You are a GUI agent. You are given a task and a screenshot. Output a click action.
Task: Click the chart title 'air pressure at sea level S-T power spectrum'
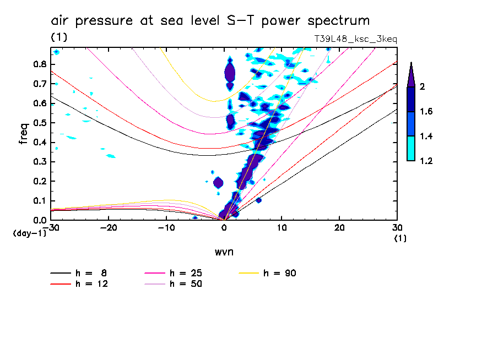point(210,21)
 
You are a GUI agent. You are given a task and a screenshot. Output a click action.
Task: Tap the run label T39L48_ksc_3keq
point(355,39)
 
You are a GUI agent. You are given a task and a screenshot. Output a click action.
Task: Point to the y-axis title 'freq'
point(23,133)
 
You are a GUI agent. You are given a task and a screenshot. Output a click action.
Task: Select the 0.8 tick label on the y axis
point(39,64)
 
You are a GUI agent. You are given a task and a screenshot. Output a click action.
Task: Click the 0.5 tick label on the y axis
point(39,123)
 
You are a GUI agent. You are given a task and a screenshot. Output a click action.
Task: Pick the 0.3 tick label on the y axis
point(39,162)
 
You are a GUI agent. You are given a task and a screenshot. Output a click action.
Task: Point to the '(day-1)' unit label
point(29,233)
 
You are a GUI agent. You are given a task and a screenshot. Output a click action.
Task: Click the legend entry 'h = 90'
point(280,273)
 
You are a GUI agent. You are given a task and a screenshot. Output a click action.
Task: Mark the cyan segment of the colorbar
point(411,149)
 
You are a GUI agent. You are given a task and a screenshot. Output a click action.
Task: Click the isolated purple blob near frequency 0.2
point(218,182)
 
